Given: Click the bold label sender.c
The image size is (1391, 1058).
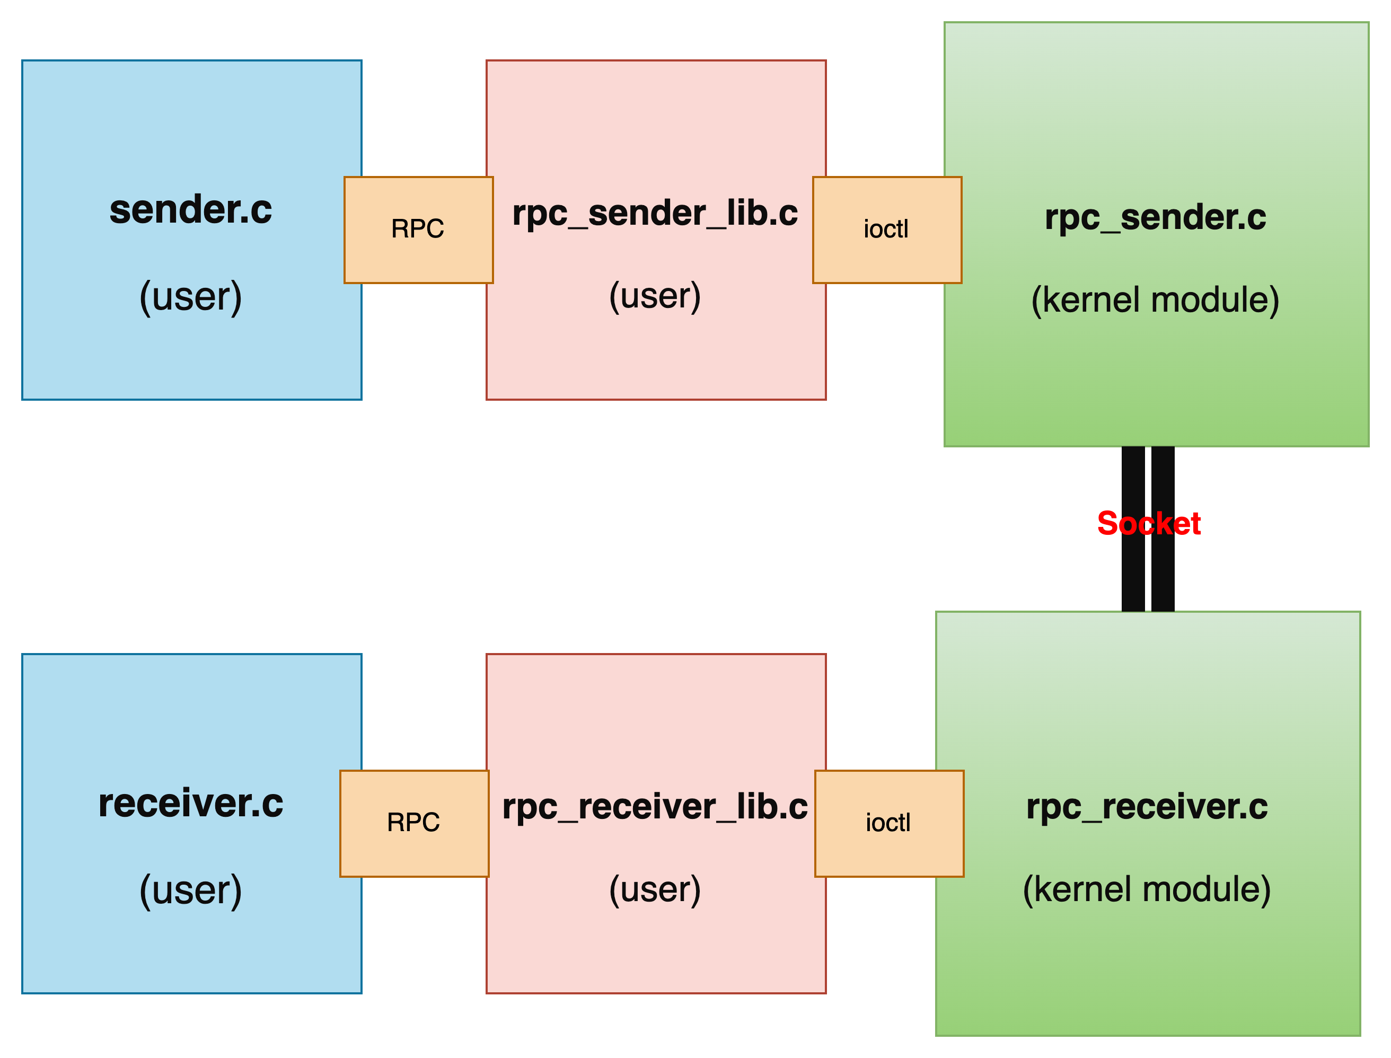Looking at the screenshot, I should pyautogui.click(x=191, y=210).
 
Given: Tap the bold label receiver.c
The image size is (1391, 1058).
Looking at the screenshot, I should pyautogui.click(x=191, y=804).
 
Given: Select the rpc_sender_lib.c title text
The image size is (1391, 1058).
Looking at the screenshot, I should pyautogui.click(x=655, y=213).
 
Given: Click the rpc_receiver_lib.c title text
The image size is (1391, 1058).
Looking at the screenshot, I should pyautogui.click(x=655, y=807).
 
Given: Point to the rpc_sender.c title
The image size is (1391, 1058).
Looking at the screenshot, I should pyautogui.click(x=1155, y=217).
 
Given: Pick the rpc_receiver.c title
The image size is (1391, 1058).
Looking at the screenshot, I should pyautogui.click(x=1147, y=807).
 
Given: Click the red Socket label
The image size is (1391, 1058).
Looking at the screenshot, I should pyautogui.click(x=1149, y=524).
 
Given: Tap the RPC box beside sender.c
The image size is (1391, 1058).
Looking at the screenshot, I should pyautogui.click(x=418, y=229).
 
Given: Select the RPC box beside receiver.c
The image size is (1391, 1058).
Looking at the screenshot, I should pyautogui.click(x=413, y=823).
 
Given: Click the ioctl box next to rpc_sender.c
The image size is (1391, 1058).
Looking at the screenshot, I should pyautogui.click(x=887, y=229).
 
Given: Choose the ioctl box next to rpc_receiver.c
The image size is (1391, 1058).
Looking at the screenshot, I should pyautogui.click(x=888, y=823).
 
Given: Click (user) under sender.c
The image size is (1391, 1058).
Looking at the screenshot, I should pyautogui.click(x=191, y=297).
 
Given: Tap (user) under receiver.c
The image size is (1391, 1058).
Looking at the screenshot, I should pyautogui.click(x=191, y=890).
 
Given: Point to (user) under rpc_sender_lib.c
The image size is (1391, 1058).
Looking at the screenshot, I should pyautogui.click(x=655, y=296).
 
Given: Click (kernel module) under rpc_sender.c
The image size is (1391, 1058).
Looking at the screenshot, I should pyautogui.click(x=1155, y=300).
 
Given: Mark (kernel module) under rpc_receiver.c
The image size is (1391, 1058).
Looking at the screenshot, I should pyautogui.click(x=1147, y=889).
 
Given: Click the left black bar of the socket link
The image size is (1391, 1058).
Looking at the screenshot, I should pyautogui.click(x=1133, y=579).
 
